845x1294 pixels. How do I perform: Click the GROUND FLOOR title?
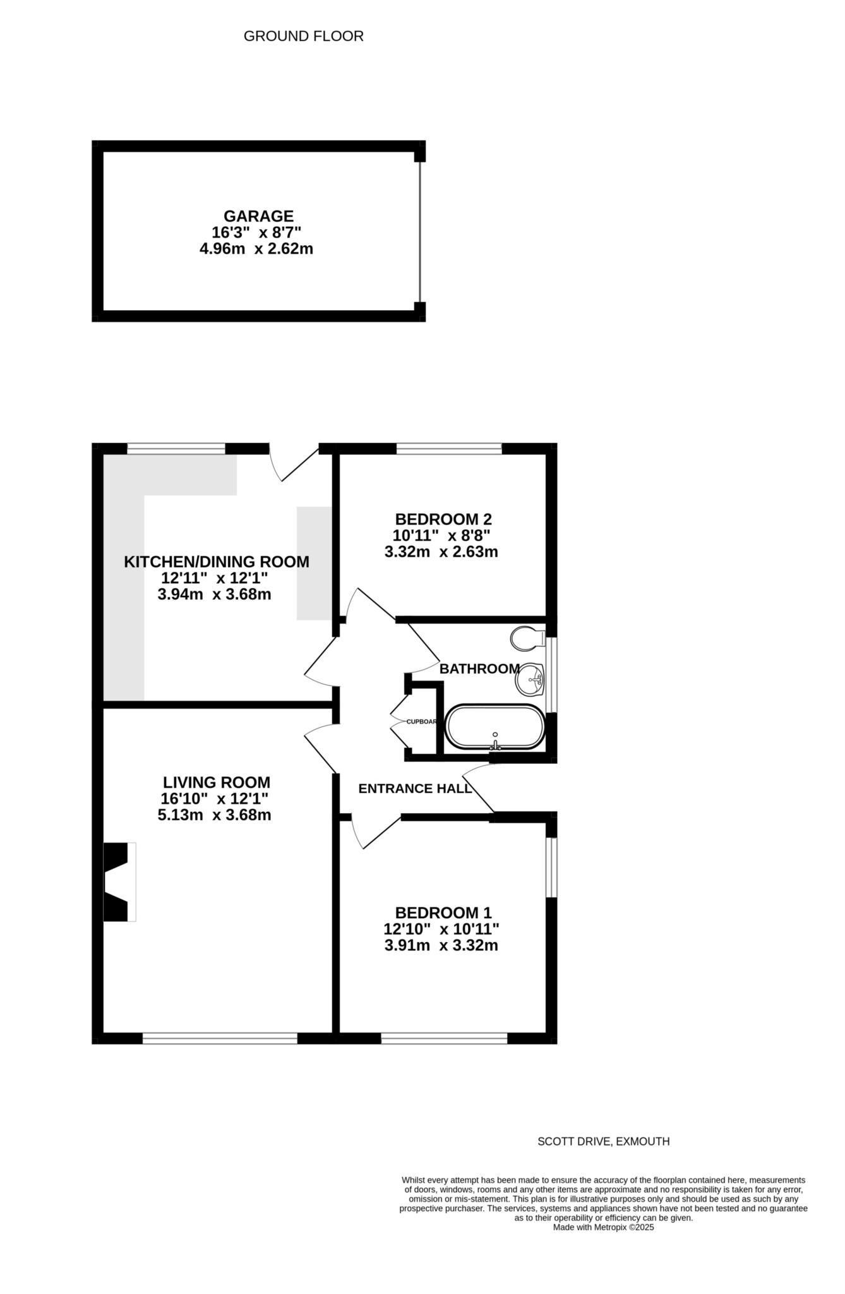point(303,37)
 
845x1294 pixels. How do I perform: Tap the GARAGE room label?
point(258,217)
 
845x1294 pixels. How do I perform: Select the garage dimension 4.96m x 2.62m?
point(256,249)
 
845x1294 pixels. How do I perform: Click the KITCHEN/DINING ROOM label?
point(216,562)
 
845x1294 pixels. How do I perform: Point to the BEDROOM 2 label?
point(443,519)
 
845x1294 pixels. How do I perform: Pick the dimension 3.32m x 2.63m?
point(441,552)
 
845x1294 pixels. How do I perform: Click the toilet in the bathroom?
point(527,638)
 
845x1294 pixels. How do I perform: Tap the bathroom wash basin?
point(530,680)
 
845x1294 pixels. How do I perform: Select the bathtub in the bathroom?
point(495,727)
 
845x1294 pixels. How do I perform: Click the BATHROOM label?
point(479,668)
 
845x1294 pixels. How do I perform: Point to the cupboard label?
point(421,722)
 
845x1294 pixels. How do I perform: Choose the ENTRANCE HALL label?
point(415,789)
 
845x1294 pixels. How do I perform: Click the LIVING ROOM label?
point(216,782)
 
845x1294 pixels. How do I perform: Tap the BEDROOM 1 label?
point(443,913)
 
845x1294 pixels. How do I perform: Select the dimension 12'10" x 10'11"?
point(441,929)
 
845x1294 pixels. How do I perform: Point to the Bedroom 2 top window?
point(448,449)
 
